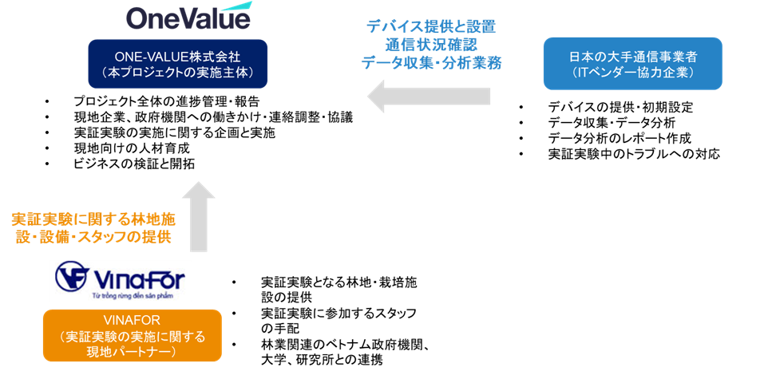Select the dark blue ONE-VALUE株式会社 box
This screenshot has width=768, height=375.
178,64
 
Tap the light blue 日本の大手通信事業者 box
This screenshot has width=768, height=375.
632,64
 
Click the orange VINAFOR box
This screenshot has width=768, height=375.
133,336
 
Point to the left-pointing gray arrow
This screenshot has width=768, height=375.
429,97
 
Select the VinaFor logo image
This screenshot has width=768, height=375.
121,281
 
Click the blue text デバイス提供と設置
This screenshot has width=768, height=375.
431,26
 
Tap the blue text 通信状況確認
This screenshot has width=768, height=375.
431,45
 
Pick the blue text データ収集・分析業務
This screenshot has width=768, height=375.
431,63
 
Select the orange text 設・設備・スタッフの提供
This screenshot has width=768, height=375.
93,238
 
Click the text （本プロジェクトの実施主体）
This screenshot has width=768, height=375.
178,72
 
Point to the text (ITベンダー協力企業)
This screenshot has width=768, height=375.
632,73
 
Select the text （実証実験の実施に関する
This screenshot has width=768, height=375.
133,335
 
